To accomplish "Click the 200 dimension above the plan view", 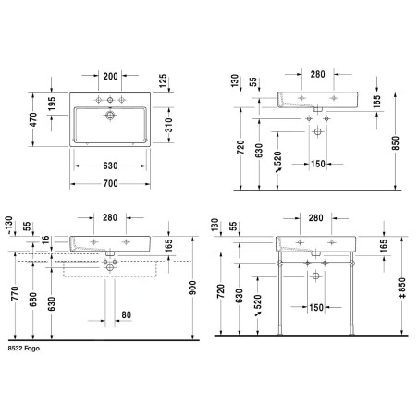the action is click(x=110, y=76).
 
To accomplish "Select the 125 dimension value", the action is click(x=163, y=80).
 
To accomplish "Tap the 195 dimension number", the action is click(x=52, y=104).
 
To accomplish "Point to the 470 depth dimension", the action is click(x=33, y=119).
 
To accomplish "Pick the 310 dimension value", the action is click(x=168, y=125).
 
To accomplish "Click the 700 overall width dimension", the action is click(x=110, y=184).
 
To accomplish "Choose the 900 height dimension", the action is click(x=192, y=288).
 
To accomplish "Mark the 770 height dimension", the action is click(x=15, y=293).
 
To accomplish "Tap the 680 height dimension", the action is click(x=32, y=300).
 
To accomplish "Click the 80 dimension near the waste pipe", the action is click(x=126, y=314).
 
